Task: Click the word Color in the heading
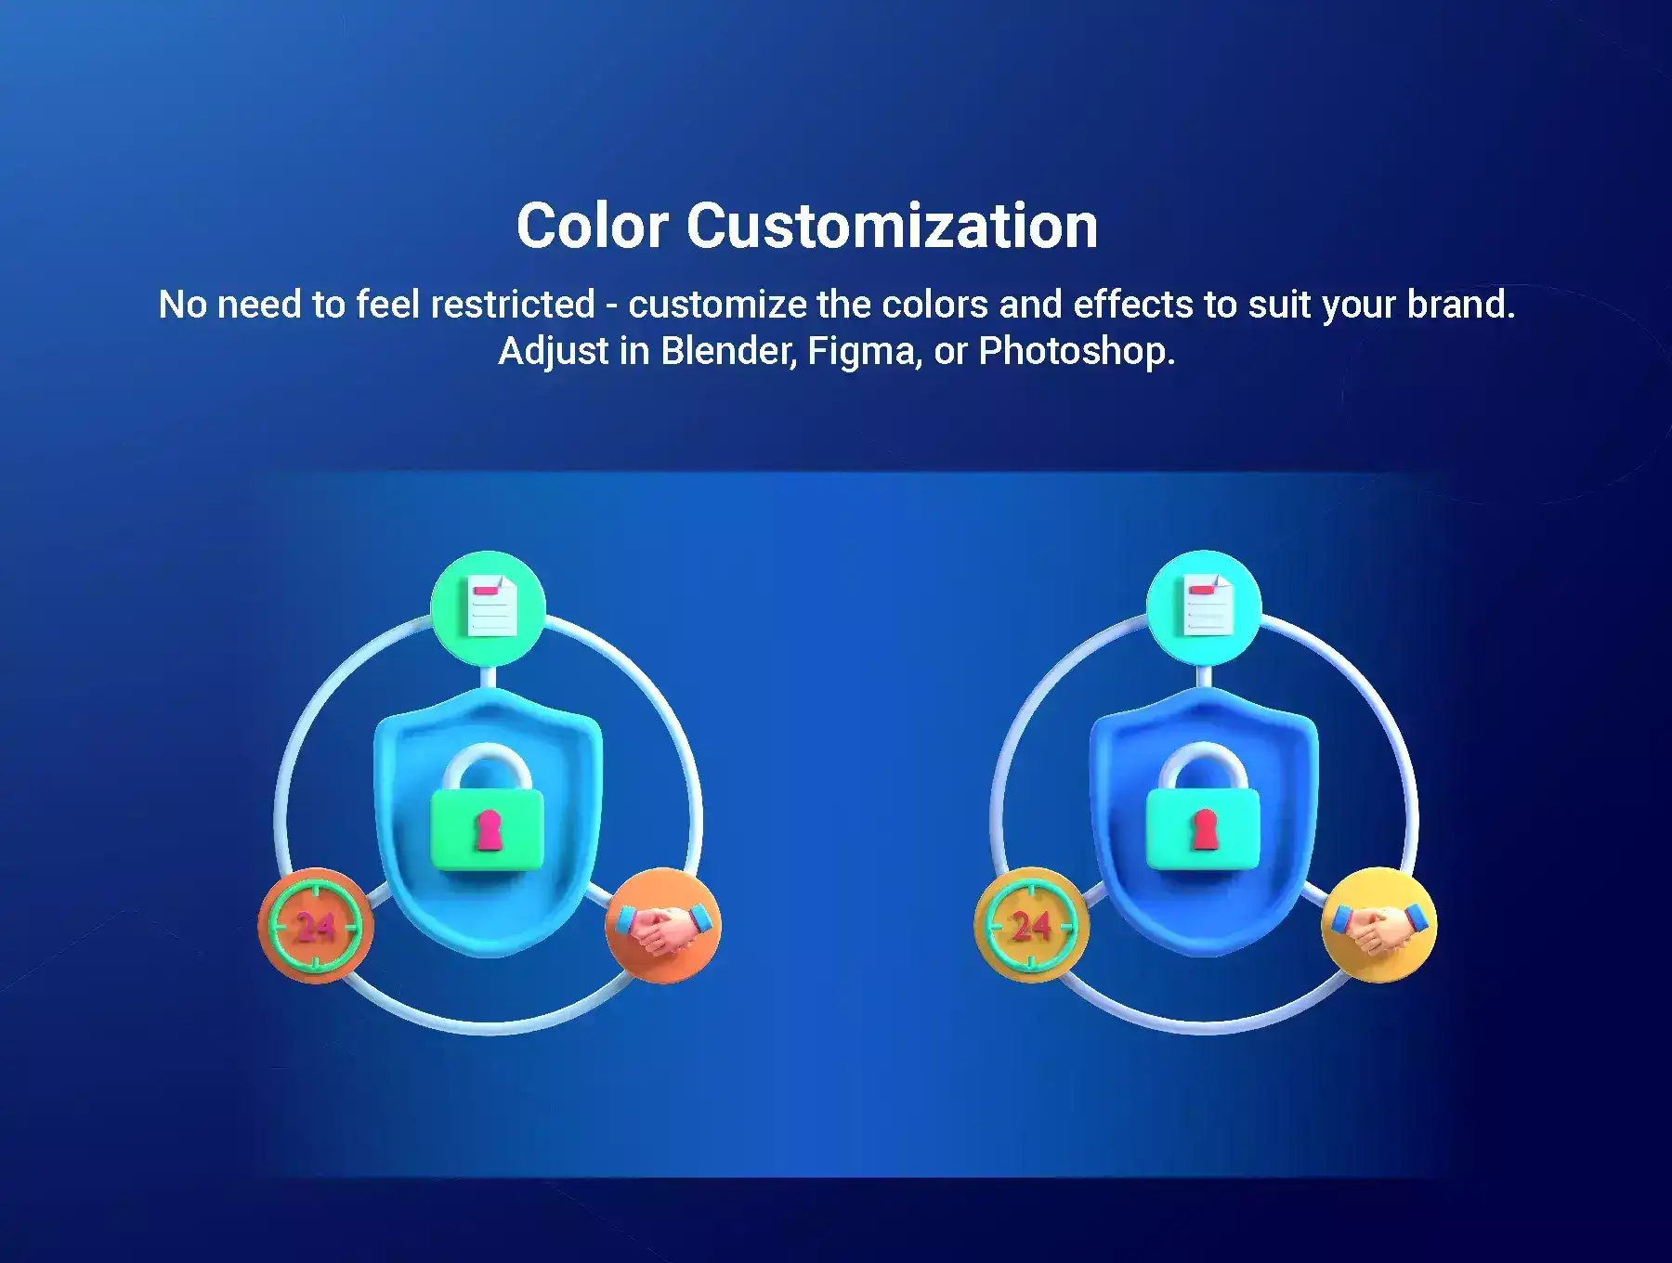point(592,226)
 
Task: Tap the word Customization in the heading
point(893,226)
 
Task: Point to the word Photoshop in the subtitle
point(1077,352)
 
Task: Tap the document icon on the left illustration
point(490,606)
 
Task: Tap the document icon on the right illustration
point(1206,606)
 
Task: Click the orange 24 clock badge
point(316,925)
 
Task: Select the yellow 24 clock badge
point(1031,925)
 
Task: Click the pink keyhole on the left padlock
point(488,830)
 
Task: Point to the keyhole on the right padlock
point(1205,830)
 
